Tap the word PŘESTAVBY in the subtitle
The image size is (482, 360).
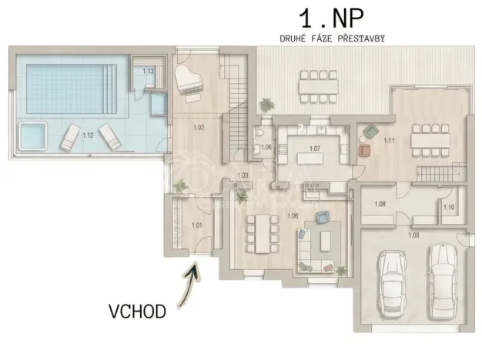pyautogui.click(x=361, y=37)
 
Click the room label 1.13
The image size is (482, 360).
pyautogui.click(x=149, y=71)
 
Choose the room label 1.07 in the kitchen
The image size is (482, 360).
pyautogui.click(x=314, y=147)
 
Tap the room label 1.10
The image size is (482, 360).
pyautogui.click(x=450, y=207)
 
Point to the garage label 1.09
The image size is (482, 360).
pyautogui.click(x=413, y=234)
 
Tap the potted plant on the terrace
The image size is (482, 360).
pyautogui.click(x=266, y=104)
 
